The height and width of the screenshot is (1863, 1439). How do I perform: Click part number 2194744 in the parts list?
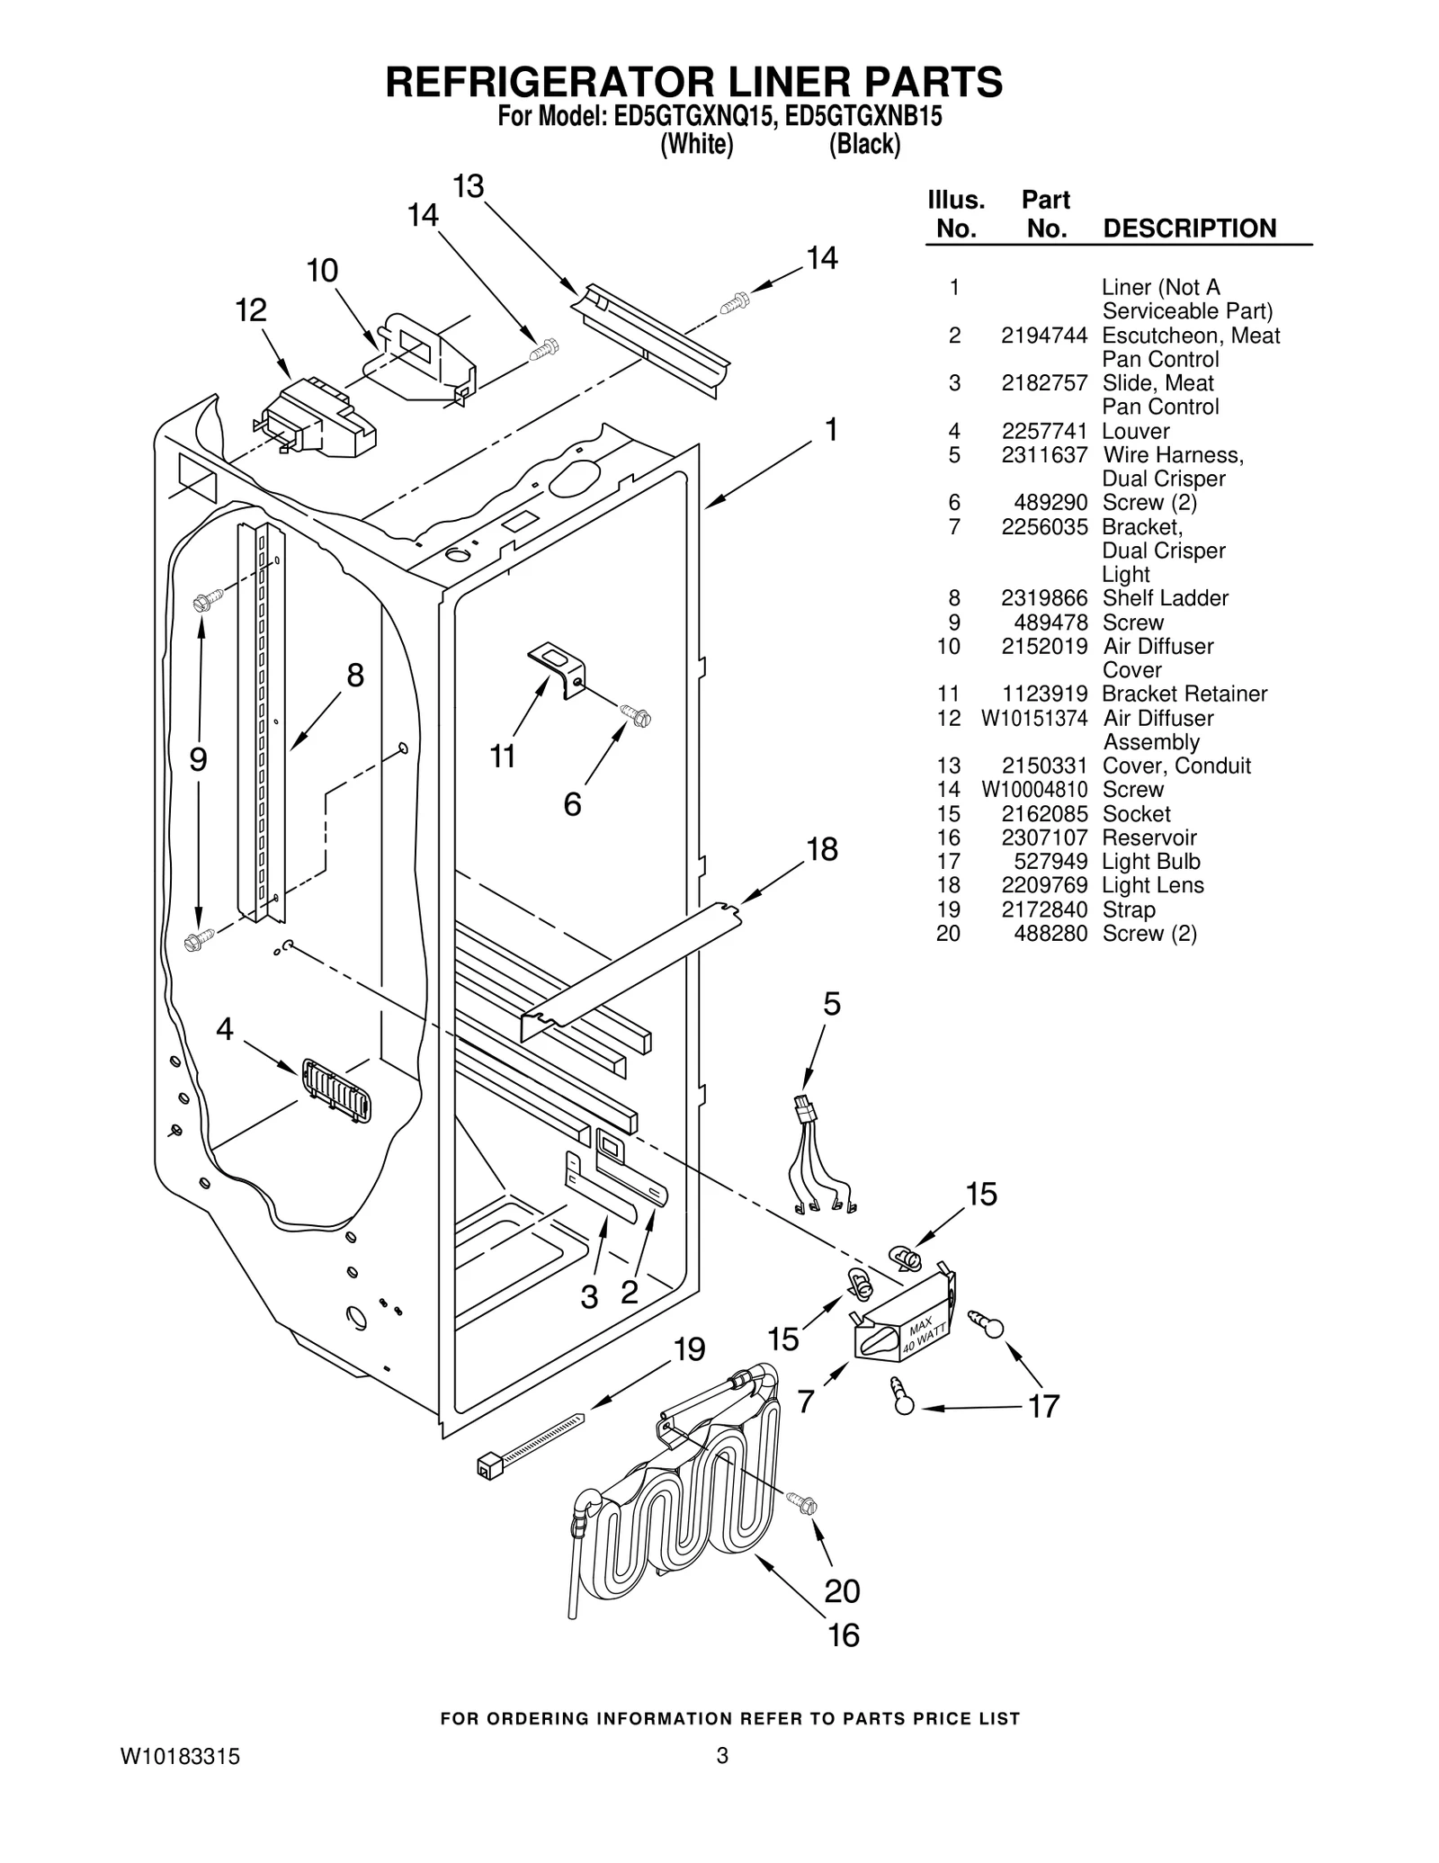click(x=1043, y=336)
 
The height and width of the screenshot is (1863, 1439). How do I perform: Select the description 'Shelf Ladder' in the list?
click(x=1165, y=598)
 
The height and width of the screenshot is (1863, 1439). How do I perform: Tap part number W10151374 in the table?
click(x=1033, y=718)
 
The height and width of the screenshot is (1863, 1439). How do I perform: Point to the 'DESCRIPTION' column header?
click(x=1189, y=228)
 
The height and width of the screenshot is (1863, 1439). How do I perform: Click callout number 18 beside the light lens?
click(x=821, y=848)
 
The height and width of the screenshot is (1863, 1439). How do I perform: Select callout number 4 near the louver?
click(x=225, y=1028)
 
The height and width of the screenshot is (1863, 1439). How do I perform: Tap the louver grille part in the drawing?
click(x=336, y=1089)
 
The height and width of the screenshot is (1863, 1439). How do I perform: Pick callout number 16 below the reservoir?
click(x=843, y=1635)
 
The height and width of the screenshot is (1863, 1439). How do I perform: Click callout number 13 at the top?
click(x=468, y=186)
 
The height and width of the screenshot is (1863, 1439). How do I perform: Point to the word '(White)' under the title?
click(x=697, y=145)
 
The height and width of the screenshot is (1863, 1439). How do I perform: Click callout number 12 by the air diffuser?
click(x=251, y=310)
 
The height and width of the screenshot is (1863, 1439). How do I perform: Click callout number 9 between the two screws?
click(x=198, y=760)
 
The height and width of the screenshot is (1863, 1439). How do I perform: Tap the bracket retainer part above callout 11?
click(x=557, y=667)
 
